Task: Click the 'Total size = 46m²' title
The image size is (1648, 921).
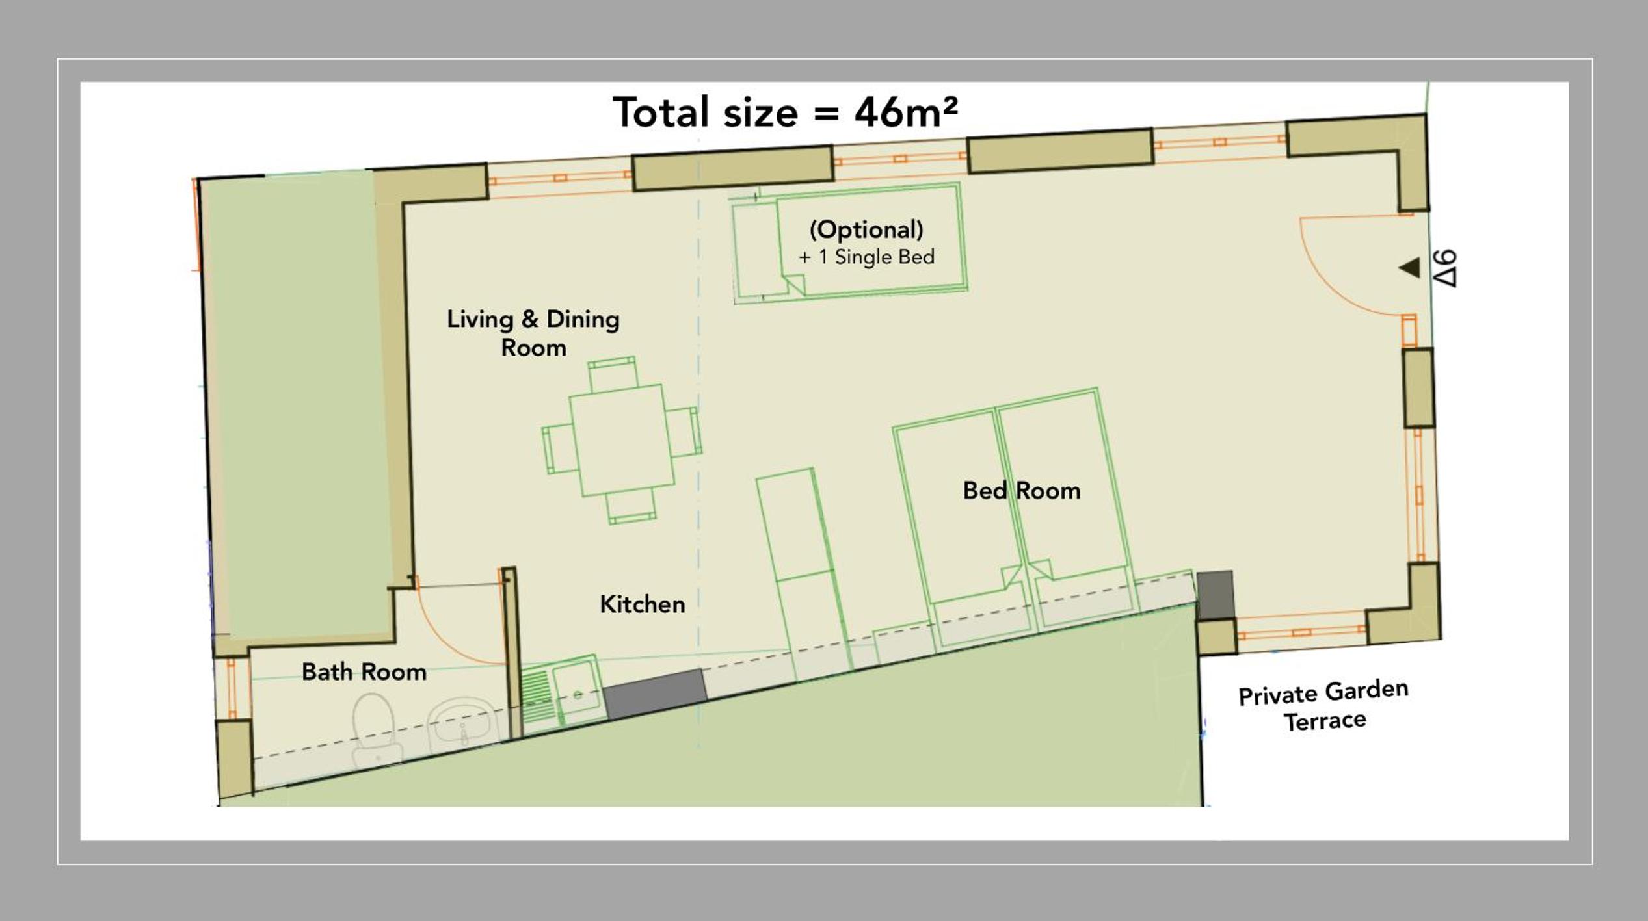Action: pyautogui.click(x=785, y=112)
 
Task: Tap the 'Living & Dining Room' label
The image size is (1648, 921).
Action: pyautogui.click(x=533, y=333)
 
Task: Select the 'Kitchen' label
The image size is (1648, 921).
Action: pyautogui.click(x=643, y=604)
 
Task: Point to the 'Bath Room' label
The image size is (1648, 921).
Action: pyautogui.click(x=364, y=671)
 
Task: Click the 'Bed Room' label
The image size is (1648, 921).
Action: pyautogui.click(x=1022, y=491)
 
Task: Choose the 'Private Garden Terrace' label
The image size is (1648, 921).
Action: pyautogui.click(x=1323, y=707)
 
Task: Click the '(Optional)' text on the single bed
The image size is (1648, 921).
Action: pyautogui.click(x=866, y=229)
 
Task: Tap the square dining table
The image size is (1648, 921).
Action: pyautogui.click(x=622, y=440)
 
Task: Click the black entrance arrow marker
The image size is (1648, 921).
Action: pyautogui.click(x=1409, y=267)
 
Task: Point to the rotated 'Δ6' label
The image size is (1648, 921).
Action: pyautogui.click(x=1445, y=268)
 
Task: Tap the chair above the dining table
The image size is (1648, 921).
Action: pyautogui.click(x=613, y=373)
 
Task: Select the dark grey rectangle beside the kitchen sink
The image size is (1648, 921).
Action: pyautogui.click(x=655, y=694)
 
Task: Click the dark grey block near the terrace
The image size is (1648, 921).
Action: pyautogui.click(x=1215, y=595)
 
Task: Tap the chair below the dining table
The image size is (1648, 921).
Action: pyautogui.click(x=631, y=507)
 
